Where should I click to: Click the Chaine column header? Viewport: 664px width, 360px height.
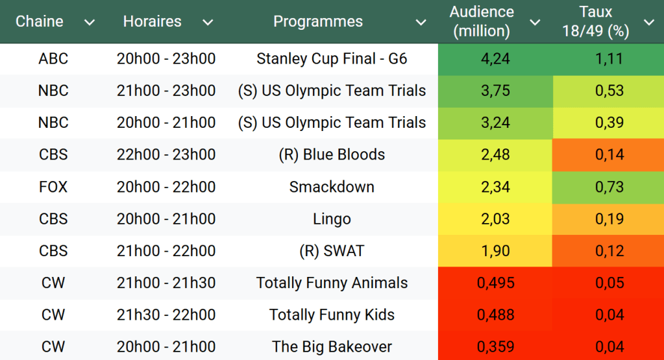[40, 21]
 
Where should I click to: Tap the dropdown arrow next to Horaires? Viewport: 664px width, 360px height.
[208, 23]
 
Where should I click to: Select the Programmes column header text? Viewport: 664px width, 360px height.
[318, 21]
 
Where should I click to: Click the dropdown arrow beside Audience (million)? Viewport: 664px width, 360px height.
[535, 23]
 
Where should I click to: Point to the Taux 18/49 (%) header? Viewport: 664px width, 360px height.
[596, 21]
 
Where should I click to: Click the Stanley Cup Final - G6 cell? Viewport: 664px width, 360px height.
[332, 59]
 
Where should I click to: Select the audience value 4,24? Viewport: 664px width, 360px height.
[495, 59]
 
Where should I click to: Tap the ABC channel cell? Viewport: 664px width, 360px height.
[53, 59]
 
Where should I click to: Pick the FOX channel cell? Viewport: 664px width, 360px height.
[53, 187]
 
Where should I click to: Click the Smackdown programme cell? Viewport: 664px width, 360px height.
[332, 187]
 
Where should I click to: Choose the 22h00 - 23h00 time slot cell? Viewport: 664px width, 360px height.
[166, 155]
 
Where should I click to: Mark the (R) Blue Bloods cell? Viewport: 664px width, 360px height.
[332, 155]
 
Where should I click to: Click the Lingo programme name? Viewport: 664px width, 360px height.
[332, 219]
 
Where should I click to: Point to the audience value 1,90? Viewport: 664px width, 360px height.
[495, 251]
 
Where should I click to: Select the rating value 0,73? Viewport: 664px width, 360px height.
[609, 187]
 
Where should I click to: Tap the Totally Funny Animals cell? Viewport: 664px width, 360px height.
[332, 283]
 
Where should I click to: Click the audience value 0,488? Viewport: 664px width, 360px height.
[495, 315]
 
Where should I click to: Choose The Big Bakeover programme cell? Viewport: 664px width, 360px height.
[332, 346]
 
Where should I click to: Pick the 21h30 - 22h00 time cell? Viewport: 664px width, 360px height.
[166, 315]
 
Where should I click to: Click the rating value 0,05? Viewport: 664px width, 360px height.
[609, 283]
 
